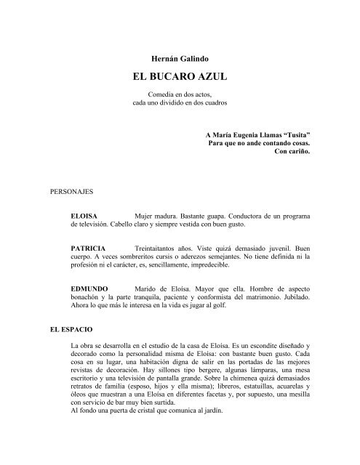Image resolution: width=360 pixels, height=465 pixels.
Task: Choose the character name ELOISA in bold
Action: coord(84,217)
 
